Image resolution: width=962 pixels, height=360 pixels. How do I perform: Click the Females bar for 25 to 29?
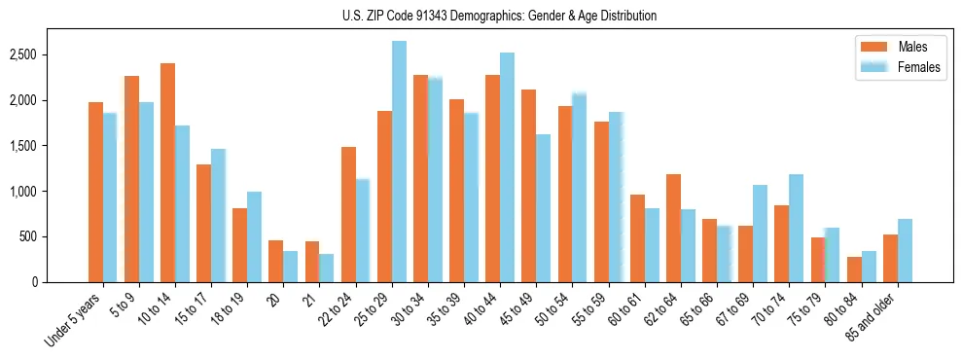[399, 162]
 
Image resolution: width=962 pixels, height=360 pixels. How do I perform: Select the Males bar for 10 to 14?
[167, 172]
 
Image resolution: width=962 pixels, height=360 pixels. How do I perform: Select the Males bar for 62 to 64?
[673, 229]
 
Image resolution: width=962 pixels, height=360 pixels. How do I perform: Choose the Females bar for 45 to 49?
[543, 208]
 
